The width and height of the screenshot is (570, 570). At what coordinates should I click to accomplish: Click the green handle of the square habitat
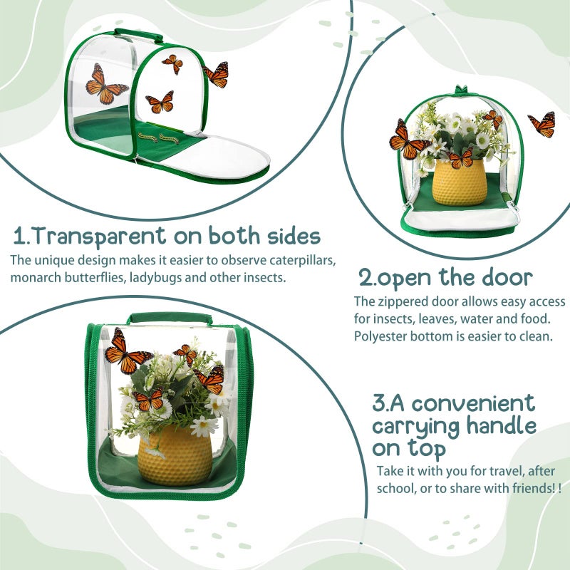pos(169,318)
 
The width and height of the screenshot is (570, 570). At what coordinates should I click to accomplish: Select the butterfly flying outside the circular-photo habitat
pos(543,125)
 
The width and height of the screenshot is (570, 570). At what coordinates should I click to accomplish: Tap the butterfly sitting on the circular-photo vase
pos(461,158)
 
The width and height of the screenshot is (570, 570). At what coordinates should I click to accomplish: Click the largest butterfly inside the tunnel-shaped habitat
pos(105,84)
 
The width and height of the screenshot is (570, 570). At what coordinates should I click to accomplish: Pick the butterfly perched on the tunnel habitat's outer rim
pos(216,73)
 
